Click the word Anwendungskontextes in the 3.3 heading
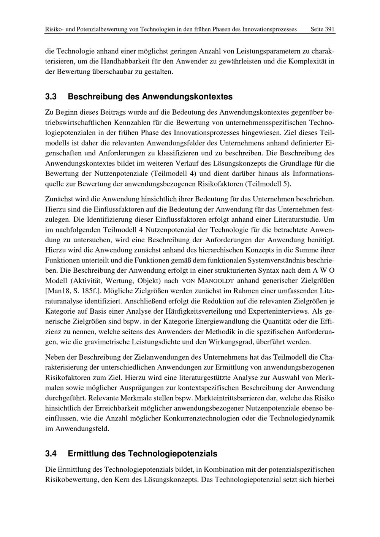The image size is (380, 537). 187,97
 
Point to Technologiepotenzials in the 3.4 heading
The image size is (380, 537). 173,453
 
